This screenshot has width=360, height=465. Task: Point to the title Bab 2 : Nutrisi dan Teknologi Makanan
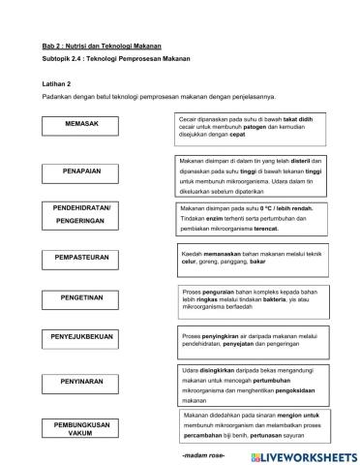102,46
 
